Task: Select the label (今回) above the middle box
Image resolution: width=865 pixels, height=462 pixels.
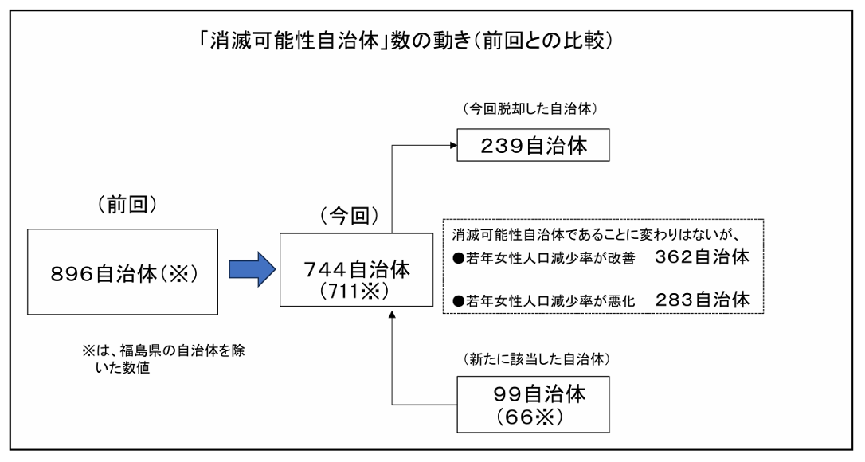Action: (x=344, y=216)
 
